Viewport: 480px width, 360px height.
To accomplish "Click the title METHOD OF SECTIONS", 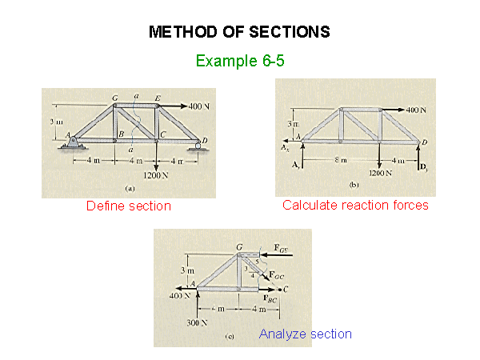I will click(x=239, y=32).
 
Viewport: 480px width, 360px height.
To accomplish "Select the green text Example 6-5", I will click(x=239, y=60).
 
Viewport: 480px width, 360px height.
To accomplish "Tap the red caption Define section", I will click(x=129, y=206).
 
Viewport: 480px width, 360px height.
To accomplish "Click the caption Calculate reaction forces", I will click(x=355, y=206).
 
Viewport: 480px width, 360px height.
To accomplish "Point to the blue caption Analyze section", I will click(x=305, y=334).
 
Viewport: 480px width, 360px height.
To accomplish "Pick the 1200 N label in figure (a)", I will click(x=155, y=175).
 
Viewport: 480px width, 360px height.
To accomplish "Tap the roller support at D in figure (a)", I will click(x=196, y=146).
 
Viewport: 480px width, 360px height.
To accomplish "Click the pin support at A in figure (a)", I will click(x=73, y=143).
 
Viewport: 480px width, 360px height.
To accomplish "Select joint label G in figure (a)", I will click(x=115, y=98).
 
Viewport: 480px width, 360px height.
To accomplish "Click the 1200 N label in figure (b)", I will click(x=380, y=172).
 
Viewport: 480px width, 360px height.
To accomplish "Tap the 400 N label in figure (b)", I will click(x=418, y=109).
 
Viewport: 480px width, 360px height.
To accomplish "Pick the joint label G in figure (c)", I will click(x=239, y=247).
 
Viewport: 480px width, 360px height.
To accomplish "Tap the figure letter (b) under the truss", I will click(x=354, y=185).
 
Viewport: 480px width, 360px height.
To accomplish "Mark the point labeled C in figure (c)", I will click(x=286, y=288).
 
